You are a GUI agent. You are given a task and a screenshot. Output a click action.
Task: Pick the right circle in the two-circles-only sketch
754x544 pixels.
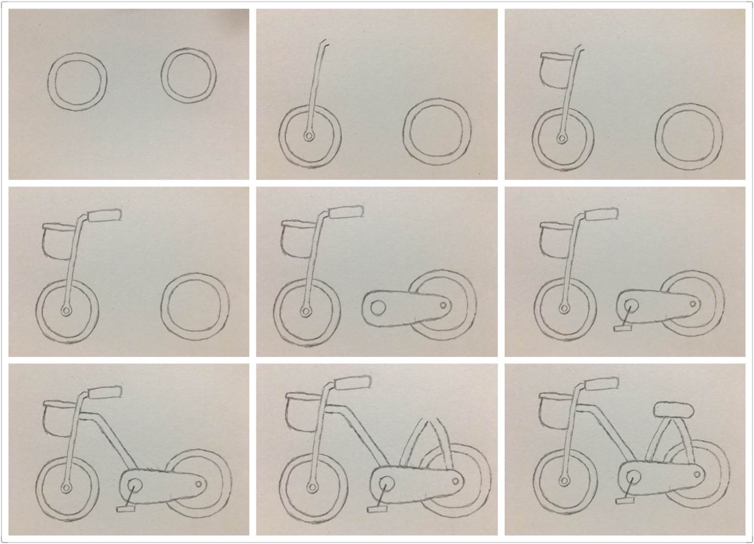coord(190,75)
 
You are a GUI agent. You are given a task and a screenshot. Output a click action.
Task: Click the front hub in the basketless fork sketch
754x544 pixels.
coord(308,136)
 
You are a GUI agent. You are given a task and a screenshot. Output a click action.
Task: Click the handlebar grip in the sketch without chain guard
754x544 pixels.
coord(105,215)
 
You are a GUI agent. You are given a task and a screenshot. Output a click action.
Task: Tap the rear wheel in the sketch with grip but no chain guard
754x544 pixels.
coord(195,306)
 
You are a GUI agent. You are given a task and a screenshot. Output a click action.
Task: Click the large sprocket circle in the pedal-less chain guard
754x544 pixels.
coord(378,307)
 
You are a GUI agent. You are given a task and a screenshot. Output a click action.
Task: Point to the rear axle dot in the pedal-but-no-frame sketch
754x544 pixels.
coord(693,304)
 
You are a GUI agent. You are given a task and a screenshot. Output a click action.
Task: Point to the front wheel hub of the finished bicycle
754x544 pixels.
coord(564,486)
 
